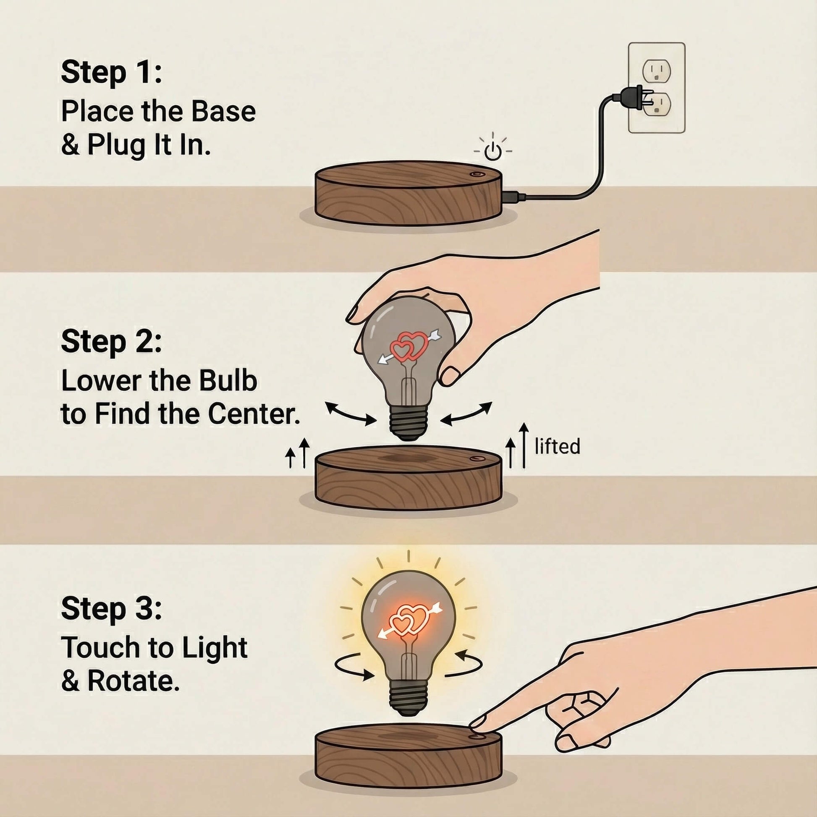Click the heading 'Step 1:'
[x=111, y=73]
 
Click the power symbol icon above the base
[x=492, y=151]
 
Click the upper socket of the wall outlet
[x=656, y=70]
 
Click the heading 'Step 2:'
[x=111, y=342]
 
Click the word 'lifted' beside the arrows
[x=557, y=447]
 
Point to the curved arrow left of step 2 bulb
[x=350, y=414]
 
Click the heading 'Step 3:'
[x=111, y=609]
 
